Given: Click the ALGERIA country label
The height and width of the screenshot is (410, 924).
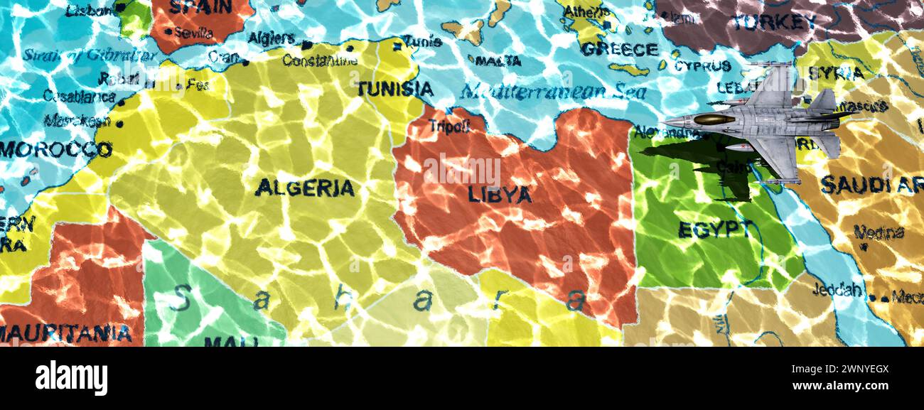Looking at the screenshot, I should coord(304,188).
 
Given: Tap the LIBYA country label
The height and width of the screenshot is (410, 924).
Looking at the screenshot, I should coord(499,194).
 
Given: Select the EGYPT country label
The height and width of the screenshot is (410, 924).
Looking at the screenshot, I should coord(714,229).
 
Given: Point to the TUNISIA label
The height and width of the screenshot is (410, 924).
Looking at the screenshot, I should coord(394,89).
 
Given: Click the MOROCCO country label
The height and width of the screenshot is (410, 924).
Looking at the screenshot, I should coord(55,149).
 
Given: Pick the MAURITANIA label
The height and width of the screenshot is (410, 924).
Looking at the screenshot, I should coord(65,333).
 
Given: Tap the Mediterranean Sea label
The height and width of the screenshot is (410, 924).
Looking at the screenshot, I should coord(552,92).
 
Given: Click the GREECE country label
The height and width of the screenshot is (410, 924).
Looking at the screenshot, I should coord(619,49).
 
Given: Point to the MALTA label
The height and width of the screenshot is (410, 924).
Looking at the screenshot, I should coord(498,61).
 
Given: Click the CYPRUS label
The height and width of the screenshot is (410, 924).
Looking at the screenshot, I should coord(702,66).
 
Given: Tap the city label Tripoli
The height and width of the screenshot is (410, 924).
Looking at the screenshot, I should coord(448,126).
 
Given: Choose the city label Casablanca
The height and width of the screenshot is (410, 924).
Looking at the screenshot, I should coord(79,96).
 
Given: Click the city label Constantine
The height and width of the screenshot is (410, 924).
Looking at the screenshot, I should coord(319,60).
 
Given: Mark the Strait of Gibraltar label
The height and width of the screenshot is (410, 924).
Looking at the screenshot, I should coord(90,55).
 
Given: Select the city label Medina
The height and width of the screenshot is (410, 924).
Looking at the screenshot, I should coord(879,232).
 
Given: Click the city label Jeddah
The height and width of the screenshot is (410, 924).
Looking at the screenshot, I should coord(839,290).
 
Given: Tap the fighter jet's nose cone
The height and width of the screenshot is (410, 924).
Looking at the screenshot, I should coord(666,120).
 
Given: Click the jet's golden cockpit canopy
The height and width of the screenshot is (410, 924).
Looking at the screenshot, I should coord(714,119).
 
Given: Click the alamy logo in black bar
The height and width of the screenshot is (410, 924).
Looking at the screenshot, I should coord(71,377).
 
